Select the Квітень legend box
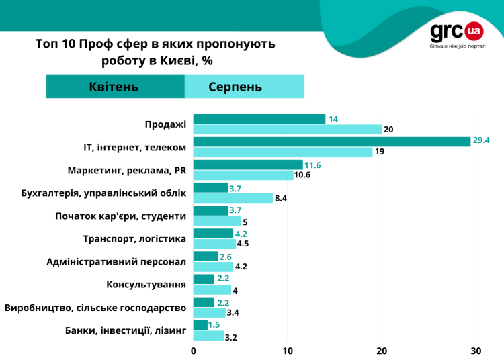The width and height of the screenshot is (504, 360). point(114,87)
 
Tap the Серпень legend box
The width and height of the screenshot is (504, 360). point(244,87)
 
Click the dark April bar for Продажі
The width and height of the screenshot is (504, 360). point(259,119)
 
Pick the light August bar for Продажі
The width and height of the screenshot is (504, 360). point(287,129)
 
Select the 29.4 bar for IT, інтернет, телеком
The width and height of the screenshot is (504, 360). point(331,142)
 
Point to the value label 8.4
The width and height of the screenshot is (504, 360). point(282,198)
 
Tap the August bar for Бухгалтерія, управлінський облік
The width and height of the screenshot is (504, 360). point(233,198)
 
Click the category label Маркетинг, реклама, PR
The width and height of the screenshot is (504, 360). point(127,170)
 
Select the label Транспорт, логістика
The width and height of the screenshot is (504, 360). point(134,238)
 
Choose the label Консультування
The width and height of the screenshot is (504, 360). point(146,284)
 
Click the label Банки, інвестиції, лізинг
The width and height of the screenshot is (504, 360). point(125,330)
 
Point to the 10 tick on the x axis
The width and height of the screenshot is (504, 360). point(288,351)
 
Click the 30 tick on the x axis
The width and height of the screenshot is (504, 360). point(476,351)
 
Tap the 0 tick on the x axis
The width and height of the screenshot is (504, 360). point(194,351)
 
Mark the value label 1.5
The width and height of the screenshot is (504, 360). point(214,325)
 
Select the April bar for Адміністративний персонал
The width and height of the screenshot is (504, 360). point(206,257)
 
